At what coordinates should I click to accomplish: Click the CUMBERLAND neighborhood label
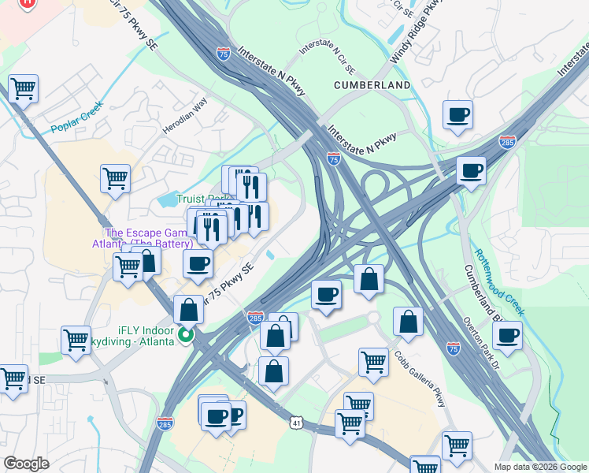coord(372,84)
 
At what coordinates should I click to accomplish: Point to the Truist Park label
coord(201,199)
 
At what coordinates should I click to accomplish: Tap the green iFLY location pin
coord(186,335)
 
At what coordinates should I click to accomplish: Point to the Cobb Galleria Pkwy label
coord(420,379)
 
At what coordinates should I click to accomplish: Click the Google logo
coord(25,463)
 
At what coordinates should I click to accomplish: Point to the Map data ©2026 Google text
coord(539,467)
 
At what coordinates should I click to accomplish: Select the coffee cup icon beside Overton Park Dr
coord(507,335)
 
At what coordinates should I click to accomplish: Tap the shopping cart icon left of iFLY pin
coord(76,341)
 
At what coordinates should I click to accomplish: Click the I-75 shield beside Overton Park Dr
coord(453,347)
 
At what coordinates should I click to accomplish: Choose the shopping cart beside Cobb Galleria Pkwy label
coord(373,362)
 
